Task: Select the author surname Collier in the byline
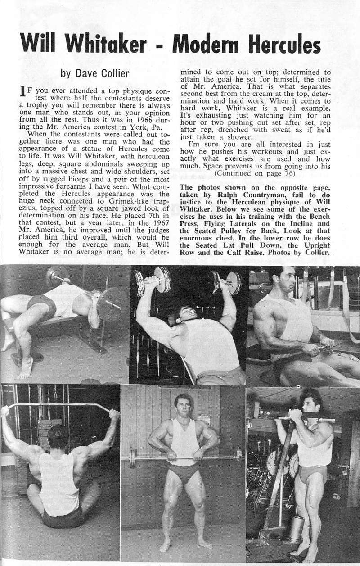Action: click(115, 72)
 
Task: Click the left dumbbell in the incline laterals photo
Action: click(154, 280)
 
